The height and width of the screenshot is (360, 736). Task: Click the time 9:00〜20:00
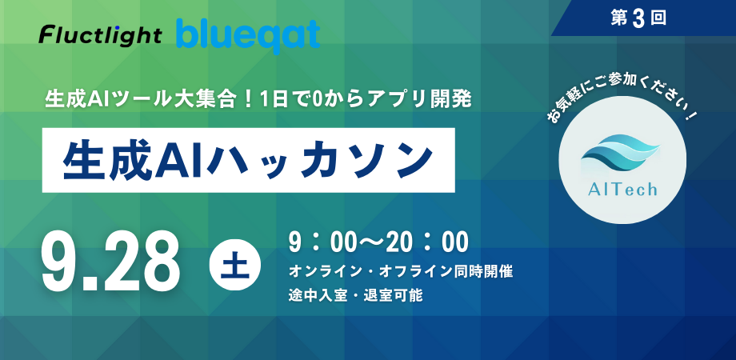pos(378,241)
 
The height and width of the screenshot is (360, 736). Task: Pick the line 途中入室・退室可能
pos(355,294)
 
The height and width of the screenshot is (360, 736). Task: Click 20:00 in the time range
pos(423,241)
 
